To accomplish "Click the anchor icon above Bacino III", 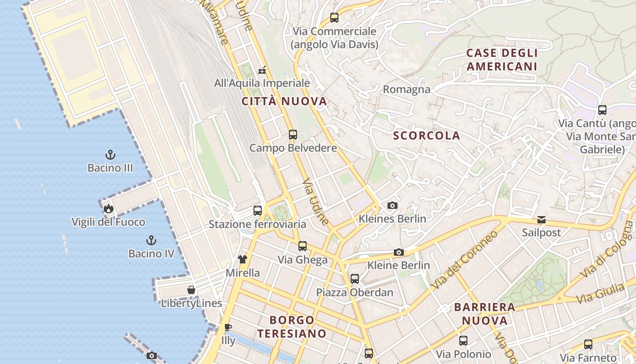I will [x=110, y=155].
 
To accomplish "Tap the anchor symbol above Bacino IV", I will [x=151, y=240].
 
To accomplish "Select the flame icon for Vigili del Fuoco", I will [x=108, y=209].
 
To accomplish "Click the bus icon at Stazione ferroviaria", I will [x=258, y=211].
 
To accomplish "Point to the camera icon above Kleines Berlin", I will [x=393, y=206].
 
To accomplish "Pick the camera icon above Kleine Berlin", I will [x=398, y=252].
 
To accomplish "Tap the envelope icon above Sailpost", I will [x=542, y=220].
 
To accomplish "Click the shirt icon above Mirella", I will [x=243, y=259].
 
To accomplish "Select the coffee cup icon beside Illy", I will [x=228, y=327].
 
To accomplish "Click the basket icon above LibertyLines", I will [x=192, y=290].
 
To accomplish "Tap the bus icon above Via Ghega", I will [x=303, y=246].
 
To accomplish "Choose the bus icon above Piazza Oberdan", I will [x=355, y=278].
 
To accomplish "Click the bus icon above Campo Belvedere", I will [x=293, y=135].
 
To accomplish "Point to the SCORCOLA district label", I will [x=427, y=136].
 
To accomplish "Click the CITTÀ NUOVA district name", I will [x=284, y=101].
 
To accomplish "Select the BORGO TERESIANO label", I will [x=292, y=327].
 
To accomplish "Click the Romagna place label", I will [x=407, y=89].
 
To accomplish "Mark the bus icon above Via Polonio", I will [x=463, y=340].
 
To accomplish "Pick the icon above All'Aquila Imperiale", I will [x=262, y=70].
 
